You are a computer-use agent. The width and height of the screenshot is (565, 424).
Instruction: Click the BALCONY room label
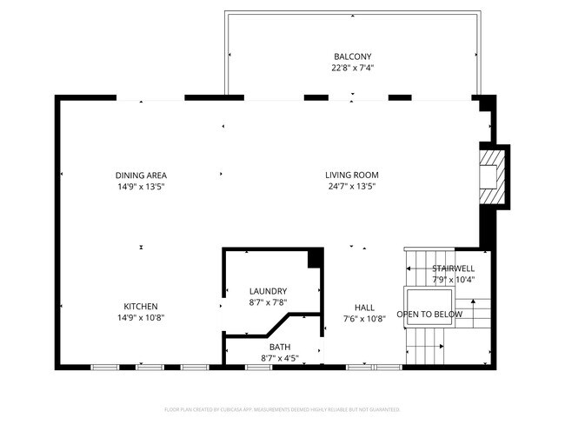[x=353, y=56]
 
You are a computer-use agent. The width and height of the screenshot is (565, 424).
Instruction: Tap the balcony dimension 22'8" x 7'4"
[x=353, y=68]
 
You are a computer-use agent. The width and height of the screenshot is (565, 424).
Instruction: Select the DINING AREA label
[x=141, y=176]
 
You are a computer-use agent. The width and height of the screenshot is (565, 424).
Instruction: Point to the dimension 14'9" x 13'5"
[x=141, y=187]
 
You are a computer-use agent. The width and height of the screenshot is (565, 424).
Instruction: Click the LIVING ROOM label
[x=352, y=176]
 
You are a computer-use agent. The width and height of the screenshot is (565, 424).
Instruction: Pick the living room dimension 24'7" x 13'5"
[x=352, y=187]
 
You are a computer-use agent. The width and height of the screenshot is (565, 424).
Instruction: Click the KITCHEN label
[x=140, y=306]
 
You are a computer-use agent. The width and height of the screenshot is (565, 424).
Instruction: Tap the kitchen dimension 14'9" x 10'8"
[x=140, y=317]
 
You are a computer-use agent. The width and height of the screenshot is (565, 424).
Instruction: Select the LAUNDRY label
[x=268, y=291]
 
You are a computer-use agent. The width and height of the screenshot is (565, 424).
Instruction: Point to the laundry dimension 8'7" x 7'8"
[x=268, y=302]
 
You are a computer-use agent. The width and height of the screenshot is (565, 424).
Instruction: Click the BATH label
[x=268, y=347]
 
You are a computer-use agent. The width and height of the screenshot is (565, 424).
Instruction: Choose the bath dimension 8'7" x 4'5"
[x=268, y=358]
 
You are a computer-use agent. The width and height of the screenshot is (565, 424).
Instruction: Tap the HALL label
[x=363, y=307]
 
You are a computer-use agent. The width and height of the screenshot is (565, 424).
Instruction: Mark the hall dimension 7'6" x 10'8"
[x=363, y=318]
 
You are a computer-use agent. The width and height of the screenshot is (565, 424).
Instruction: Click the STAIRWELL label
[x=453, y=268]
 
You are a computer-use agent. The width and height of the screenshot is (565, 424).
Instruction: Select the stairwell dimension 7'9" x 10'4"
[x=453, y=280]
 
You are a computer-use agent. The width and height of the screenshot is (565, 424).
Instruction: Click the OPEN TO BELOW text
[x=430, y=314]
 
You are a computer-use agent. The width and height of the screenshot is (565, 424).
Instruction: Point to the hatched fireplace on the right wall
[x=494, y=177]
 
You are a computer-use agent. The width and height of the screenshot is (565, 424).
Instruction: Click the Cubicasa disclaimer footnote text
[x=282, y=409]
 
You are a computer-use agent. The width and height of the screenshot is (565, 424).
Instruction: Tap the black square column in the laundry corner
[x=316, y=258]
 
